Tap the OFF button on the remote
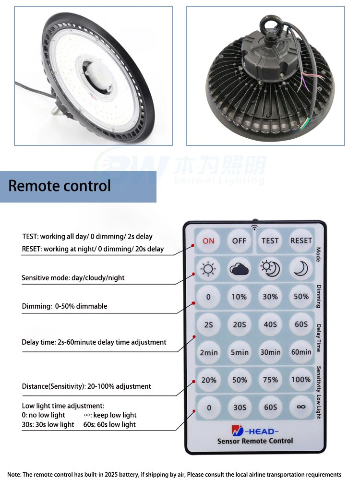(239, 240)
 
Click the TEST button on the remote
(270, 240)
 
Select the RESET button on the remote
(301, 240)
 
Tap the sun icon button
(208, 269)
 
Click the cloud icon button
(239, 269)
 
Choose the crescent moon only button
(301, 269)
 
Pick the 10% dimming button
(239, 297)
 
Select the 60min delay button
(301, 352)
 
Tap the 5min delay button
(239, 352)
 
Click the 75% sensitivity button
(270, 380)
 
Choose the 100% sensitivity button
(301, 380)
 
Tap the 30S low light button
(239, 407)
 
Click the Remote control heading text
(60, 186)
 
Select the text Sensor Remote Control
(255, 441)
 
